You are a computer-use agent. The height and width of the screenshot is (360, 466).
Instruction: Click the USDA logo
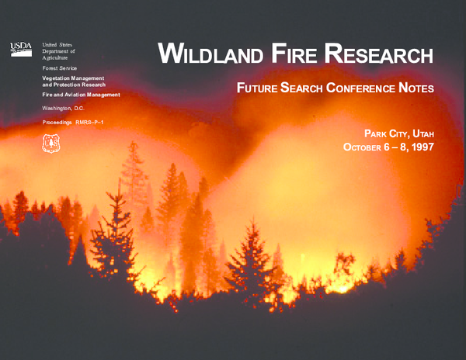[x=20, y=48]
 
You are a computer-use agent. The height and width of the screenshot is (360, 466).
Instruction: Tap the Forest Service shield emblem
[x=51, y=142]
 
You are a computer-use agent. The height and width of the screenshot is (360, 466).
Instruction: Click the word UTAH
[x=419, y=132]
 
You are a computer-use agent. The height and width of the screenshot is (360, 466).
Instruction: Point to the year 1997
[x=420, y=147]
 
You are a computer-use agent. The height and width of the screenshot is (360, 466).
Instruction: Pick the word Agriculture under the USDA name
[x=55, y=58]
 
